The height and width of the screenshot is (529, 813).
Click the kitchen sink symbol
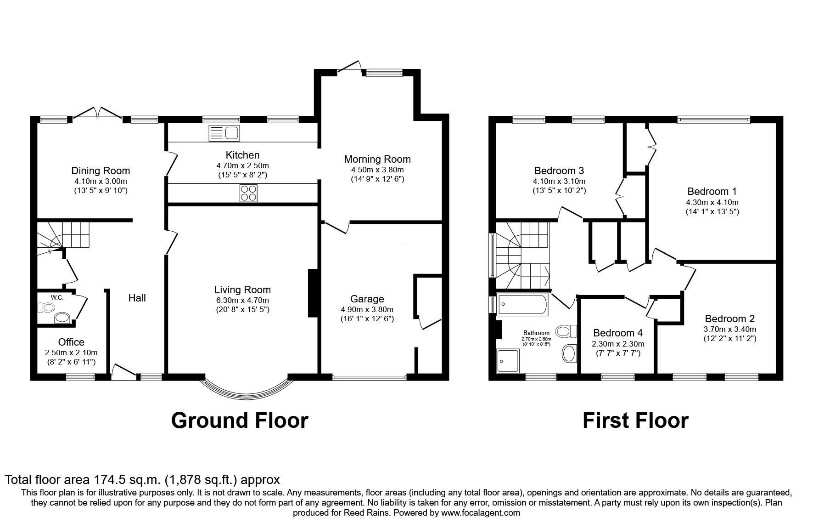click(224, 133)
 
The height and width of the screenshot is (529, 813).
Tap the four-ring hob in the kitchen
click(248, 193)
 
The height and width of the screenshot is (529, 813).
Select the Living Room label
click(242, 290)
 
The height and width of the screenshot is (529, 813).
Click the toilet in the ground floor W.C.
click(46, 307)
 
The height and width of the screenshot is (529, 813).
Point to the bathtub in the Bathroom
click(522, 305)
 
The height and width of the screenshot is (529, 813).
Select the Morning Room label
click(377, 159)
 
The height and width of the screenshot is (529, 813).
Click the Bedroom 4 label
click(618, 333)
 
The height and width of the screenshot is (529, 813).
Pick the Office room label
click(71, 342)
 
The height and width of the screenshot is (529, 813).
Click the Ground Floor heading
click(240, 420)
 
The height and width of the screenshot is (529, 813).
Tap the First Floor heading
click(635, 420)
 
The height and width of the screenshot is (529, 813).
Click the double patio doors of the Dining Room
click(98, 114)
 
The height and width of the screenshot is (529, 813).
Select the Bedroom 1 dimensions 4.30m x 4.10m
click(712, 202)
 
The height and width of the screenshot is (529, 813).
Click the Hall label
click(137, 298)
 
